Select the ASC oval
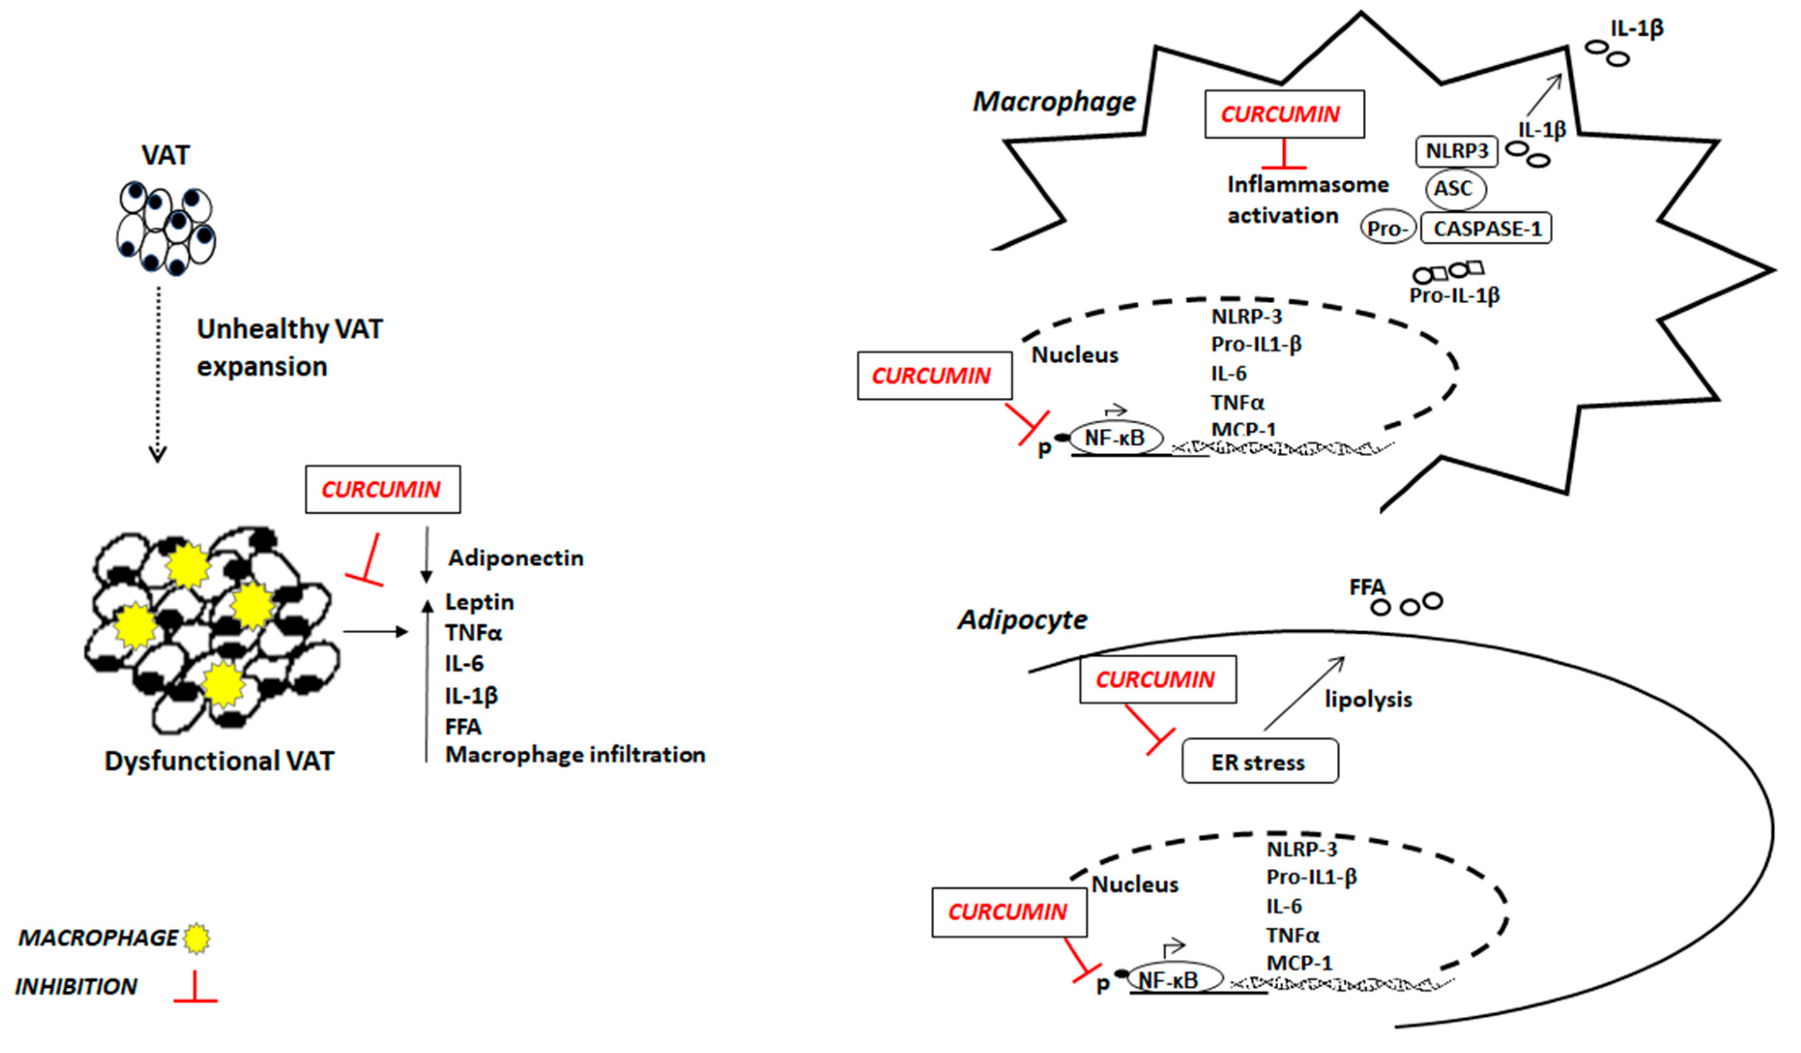(x=1455, y=189)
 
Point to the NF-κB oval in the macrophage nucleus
(x=1115, y=438)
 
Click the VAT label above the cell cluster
(x=165, y=155)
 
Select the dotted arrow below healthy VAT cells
(x=158, y=372)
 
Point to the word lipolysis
(x=1368, y=699)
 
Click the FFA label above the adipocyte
(x=1367, y=587)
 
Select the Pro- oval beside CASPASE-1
(x=1387, y=229)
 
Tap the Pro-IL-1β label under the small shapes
(x=1454, y=295)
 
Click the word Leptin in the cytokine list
(x=479, y=602)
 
